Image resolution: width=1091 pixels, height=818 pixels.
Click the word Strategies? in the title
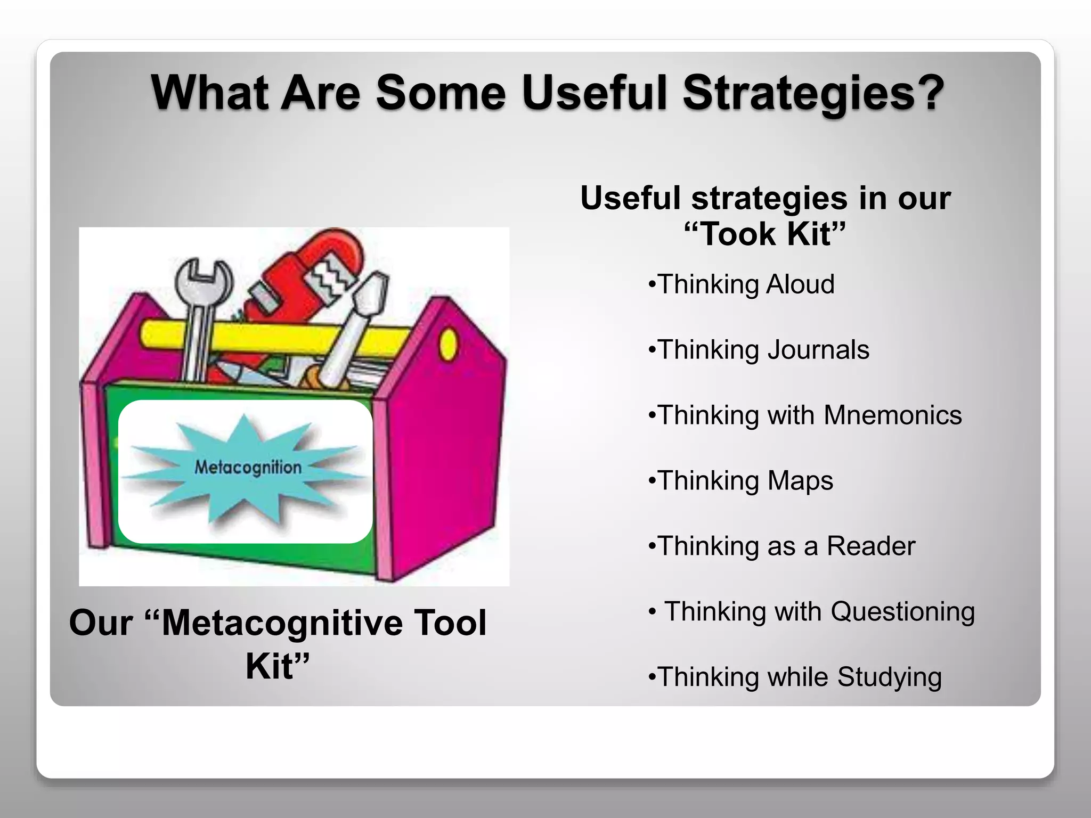tap(813, 94)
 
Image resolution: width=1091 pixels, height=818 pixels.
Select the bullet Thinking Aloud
tap(742, 284)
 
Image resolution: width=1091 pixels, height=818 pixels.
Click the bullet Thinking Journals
tap(759, 350)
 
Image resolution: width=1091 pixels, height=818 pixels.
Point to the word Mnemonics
tap(892, 415)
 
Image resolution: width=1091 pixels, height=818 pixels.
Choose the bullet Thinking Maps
tap(741, 481)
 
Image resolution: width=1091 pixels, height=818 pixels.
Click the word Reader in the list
tap(870, 546)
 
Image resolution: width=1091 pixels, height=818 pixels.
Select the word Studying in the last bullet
tap(889, 677)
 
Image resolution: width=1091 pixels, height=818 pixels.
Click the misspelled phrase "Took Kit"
tap(765, 234)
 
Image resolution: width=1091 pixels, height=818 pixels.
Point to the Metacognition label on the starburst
tap(248, 468)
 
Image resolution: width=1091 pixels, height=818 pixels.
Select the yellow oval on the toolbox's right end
tap(449, 343)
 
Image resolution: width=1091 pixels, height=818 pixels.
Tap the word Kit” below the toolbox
tap(278, 666)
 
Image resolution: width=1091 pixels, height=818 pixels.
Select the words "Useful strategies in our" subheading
tap(765, 199)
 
